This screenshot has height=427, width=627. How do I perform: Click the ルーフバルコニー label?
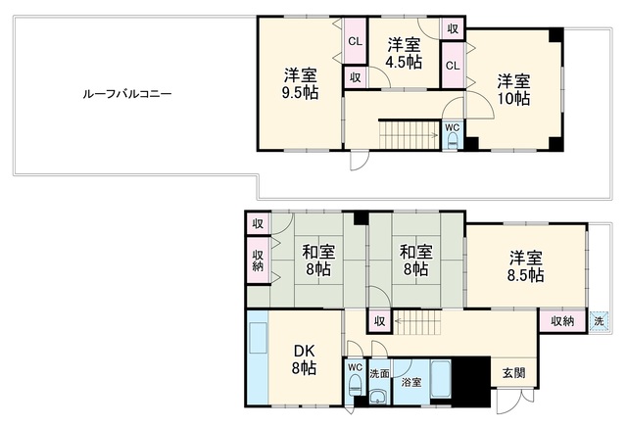tap(127, 94)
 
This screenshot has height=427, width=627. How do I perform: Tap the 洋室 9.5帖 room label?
tap(301, 83)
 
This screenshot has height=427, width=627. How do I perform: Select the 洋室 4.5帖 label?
tap(404, 53)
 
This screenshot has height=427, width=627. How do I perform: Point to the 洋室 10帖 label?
tap(513, 89)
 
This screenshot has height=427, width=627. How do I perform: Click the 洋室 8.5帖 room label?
tap(525, 266)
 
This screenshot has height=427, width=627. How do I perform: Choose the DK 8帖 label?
tap(305, 359)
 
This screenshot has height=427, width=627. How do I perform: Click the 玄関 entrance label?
tap(513, 373)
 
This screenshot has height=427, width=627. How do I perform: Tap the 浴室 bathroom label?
tap(411, 382)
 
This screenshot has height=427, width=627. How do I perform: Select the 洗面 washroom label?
tap(379, 374)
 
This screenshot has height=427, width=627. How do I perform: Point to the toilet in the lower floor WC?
tap(355, 386)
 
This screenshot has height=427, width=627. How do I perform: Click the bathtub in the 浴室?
tap(441, 379)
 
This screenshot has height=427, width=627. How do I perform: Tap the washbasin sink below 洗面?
tap(379, 398)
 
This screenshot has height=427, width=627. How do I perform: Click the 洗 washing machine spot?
tap(599, 321)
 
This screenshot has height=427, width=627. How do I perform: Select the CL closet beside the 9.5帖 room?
tap(355, 40)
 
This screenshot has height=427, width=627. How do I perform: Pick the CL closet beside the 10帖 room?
tap(453, 65)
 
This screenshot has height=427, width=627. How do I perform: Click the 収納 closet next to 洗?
tap(562, 320)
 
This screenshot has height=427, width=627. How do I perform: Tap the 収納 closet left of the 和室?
tap(259, 261)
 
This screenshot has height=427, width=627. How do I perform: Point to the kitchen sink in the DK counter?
tap(258, 338)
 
